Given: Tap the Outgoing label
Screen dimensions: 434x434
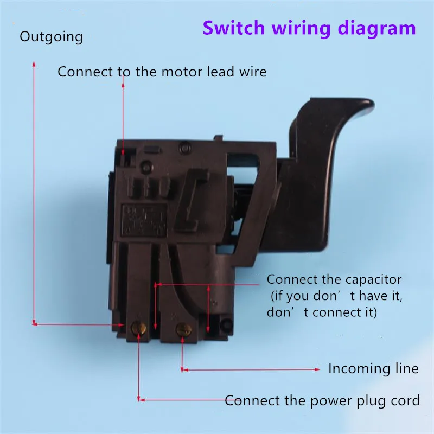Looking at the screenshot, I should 51,37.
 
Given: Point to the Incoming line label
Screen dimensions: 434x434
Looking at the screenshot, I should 373,369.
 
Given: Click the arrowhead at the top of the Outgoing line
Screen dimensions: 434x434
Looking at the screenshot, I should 34,64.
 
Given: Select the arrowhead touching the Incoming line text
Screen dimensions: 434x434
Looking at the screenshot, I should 318,369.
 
